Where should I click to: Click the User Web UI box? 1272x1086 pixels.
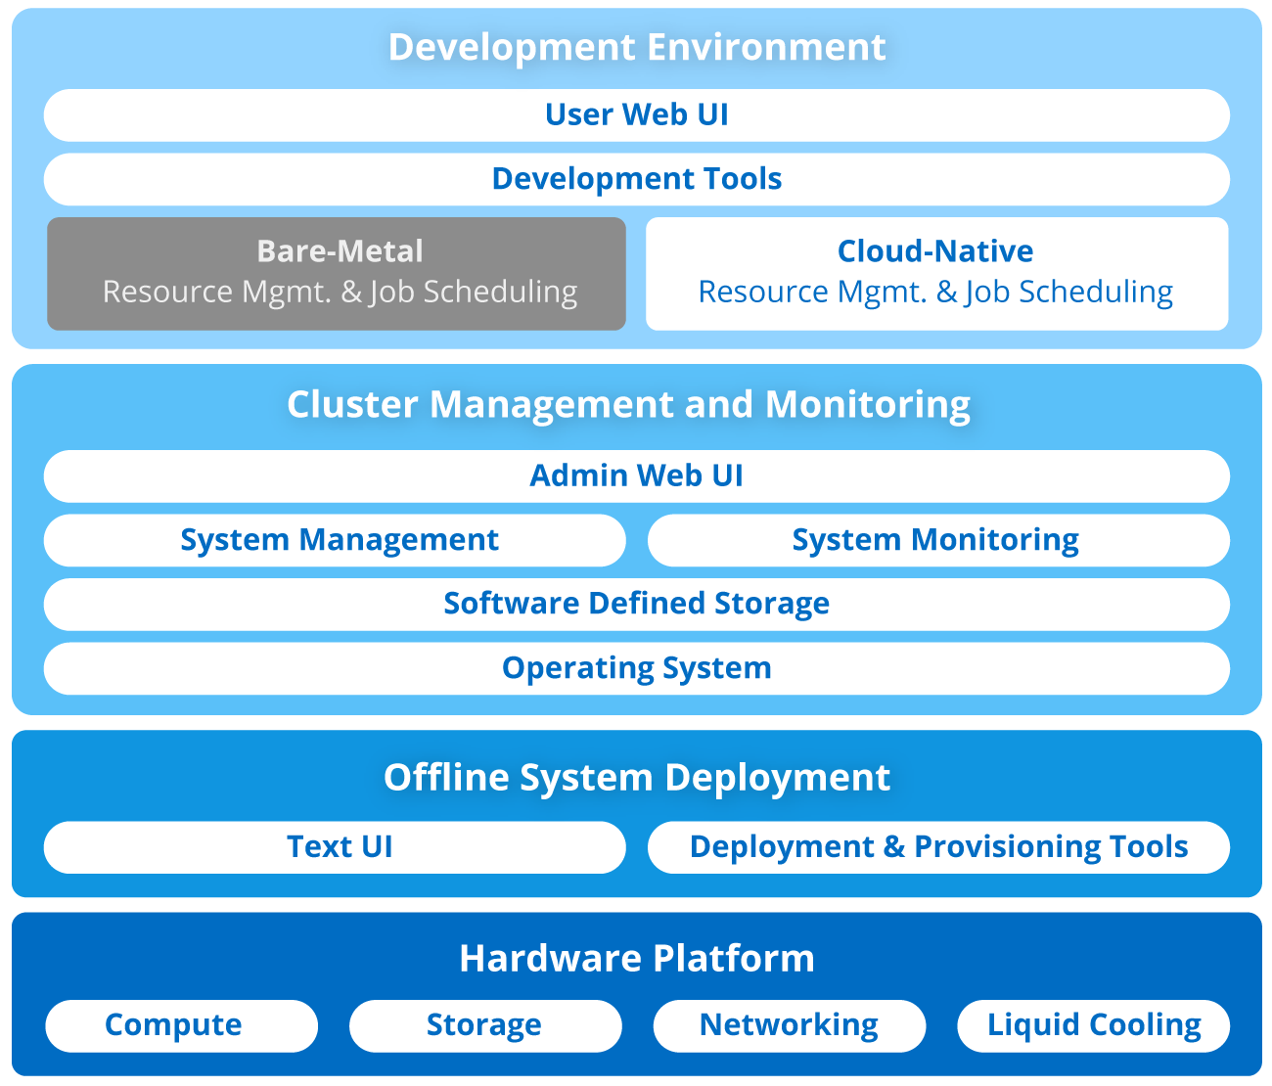(636, 115)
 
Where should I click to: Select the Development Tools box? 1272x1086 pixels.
(636, 179)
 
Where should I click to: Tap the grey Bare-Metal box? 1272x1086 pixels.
(337, 273)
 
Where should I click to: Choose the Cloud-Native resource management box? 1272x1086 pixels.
(936, 273)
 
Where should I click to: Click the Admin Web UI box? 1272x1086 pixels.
(636, 475)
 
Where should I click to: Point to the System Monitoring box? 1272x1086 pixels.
(937, 540)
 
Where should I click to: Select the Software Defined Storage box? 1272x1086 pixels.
(636, 604)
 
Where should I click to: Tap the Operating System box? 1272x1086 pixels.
(636, 668)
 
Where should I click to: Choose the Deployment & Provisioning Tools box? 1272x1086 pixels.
(937, 846)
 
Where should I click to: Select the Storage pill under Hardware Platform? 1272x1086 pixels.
(485, 1025)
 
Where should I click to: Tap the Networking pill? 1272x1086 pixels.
(789, 1025)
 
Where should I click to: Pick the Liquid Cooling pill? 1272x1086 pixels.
(1093, 1025)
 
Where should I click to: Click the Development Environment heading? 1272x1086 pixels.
(636, 47)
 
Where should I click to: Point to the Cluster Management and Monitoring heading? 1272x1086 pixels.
(628, 404)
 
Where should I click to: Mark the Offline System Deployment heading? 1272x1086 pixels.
(636, 777)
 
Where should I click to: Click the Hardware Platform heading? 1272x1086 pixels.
(636, 958)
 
